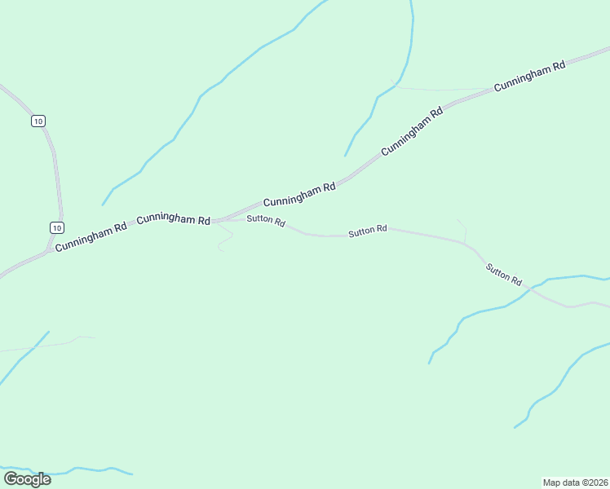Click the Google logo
27,479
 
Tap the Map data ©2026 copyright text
575,482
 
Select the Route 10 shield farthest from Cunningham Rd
38,121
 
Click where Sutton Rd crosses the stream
530,289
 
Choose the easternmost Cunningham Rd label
529,79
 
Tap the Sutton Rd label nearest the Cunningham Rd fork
266,220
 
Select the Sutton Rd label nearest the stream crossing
503,274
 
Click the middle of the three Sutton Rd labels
367,231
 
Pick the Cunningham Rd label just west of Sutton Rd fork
174,219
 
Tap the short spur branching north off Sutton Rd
462,229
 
